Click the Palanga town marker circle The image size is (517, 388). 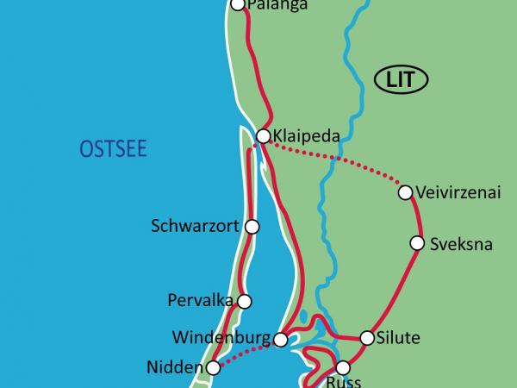click(239, 5)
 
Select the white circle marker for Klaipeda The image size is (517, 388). click(264, 135)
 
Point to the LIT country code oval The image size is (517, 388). click(402, 81)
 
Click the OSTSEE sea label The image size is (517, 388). click(114, 150)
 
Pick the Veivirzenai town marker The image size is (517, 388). click(405, 192)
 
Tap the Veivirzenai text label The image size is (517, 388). click(458, 192)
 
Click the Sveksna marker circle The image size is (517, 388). click(417, 244)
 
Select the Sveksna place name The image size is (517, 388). click(461, 244)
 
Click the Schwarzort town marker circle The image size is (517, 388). click(252, 227)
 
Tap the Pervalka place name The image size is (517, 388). click(196, 301)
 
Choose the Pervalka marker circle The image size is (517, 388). click(244, 301)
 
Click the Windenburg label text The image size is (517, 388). click(221, 337)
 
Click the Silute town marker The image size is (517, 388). click(366, 338)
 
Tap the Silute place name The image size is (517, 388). click(398, 338)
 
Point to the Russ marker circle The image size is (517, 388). click(342, 366)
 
